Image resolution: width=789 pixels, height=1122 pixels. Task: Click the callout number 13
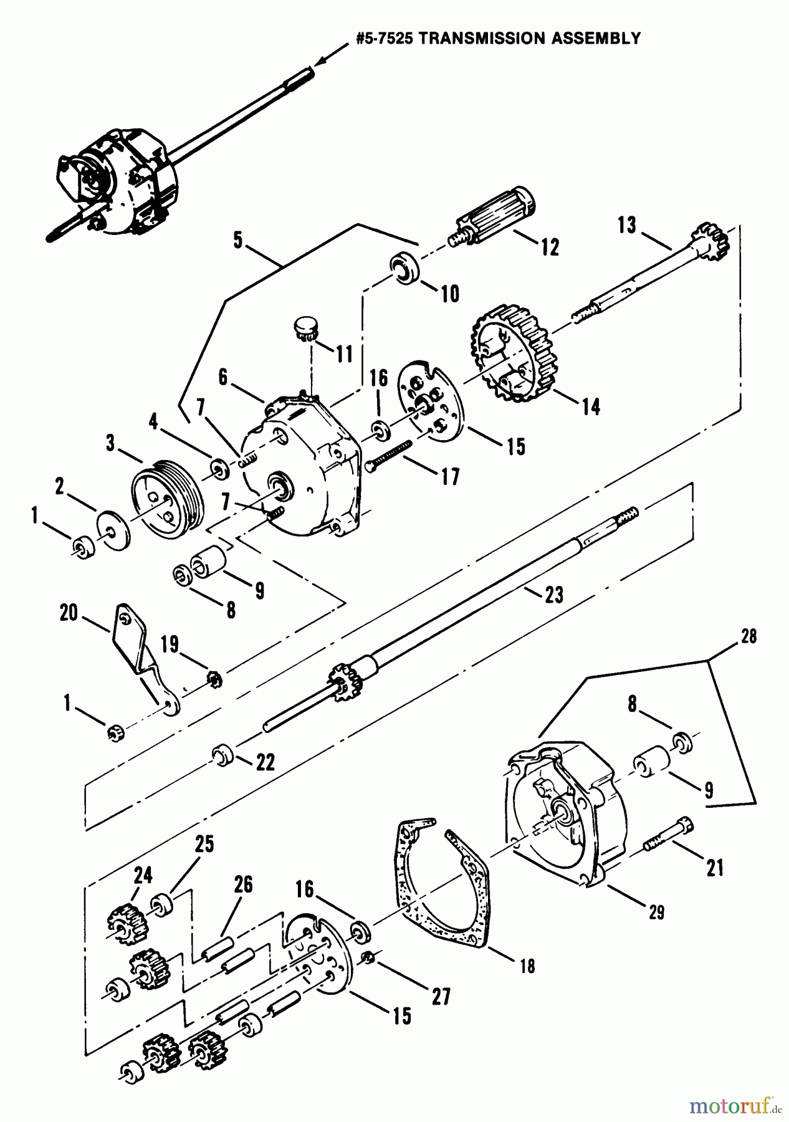click(628, 224)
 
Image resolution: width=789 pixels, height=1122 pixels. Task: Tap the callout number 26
click(243, 884)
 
